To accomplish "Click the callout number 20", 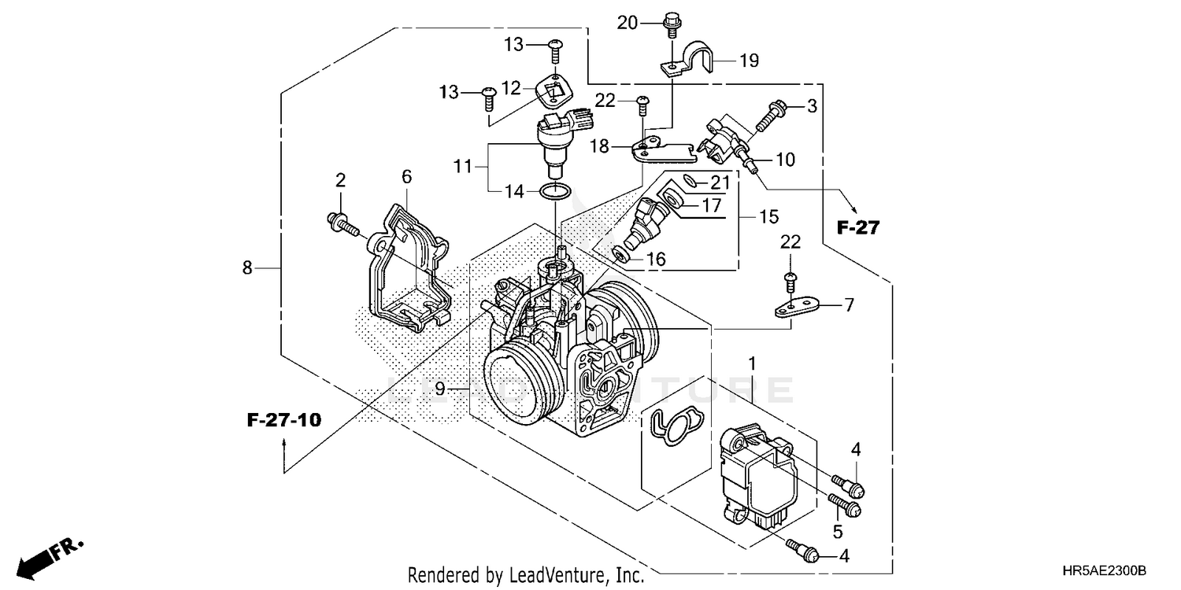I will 627,23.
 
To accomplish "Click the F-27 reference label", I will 857,228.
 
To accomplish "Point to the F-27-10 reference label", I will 284,420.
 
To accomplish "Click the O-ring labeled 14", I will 556,190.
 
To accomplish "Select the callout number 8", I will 247,268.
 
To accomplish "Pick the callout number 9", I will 440,389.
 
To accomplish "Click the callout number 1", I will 752,363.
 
